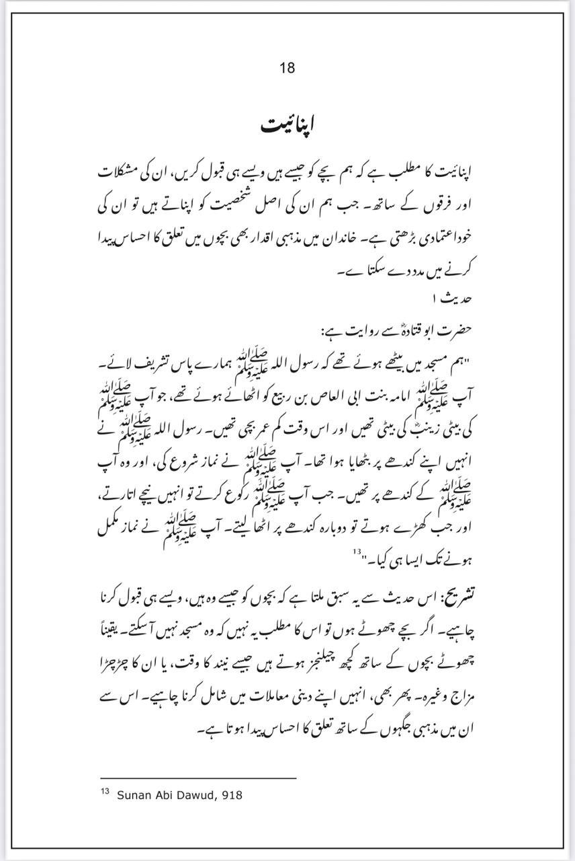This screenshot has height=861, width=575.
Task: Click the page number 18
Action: pyautogui.click(x=287, y=67)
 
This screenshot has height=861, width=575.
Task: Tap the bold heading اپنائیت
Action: pyautogui.click(x=287, y=126)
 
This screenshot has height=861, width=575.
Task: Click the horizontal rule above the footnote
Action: pyautogui.click(x=198, y=778)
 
